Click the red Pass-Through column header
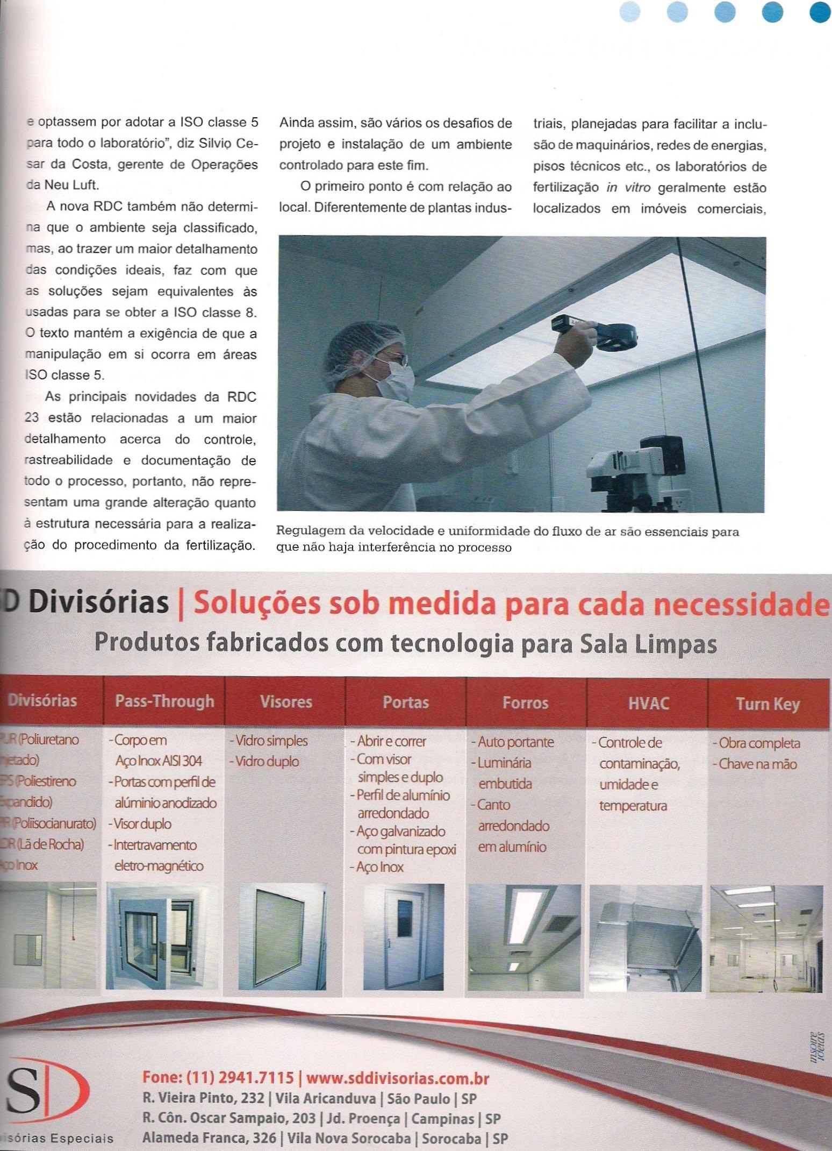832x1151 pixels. tap(164, 701)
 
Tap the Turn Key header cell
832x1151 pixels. tap(768, 704)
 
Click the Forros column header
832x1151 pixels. tap(526, 703)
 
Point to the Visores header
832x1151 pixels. tap(286, 702)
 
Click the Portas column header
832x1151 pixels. tap(406, 702)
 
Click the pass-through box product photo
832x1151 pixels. tap(162, 936)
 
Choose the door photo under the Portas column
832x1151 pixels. tap(404, 936)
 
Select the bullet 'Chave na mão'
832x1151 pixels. tap(758, 764)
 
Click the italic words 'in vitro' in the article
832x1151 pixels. tap(628, 188)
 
